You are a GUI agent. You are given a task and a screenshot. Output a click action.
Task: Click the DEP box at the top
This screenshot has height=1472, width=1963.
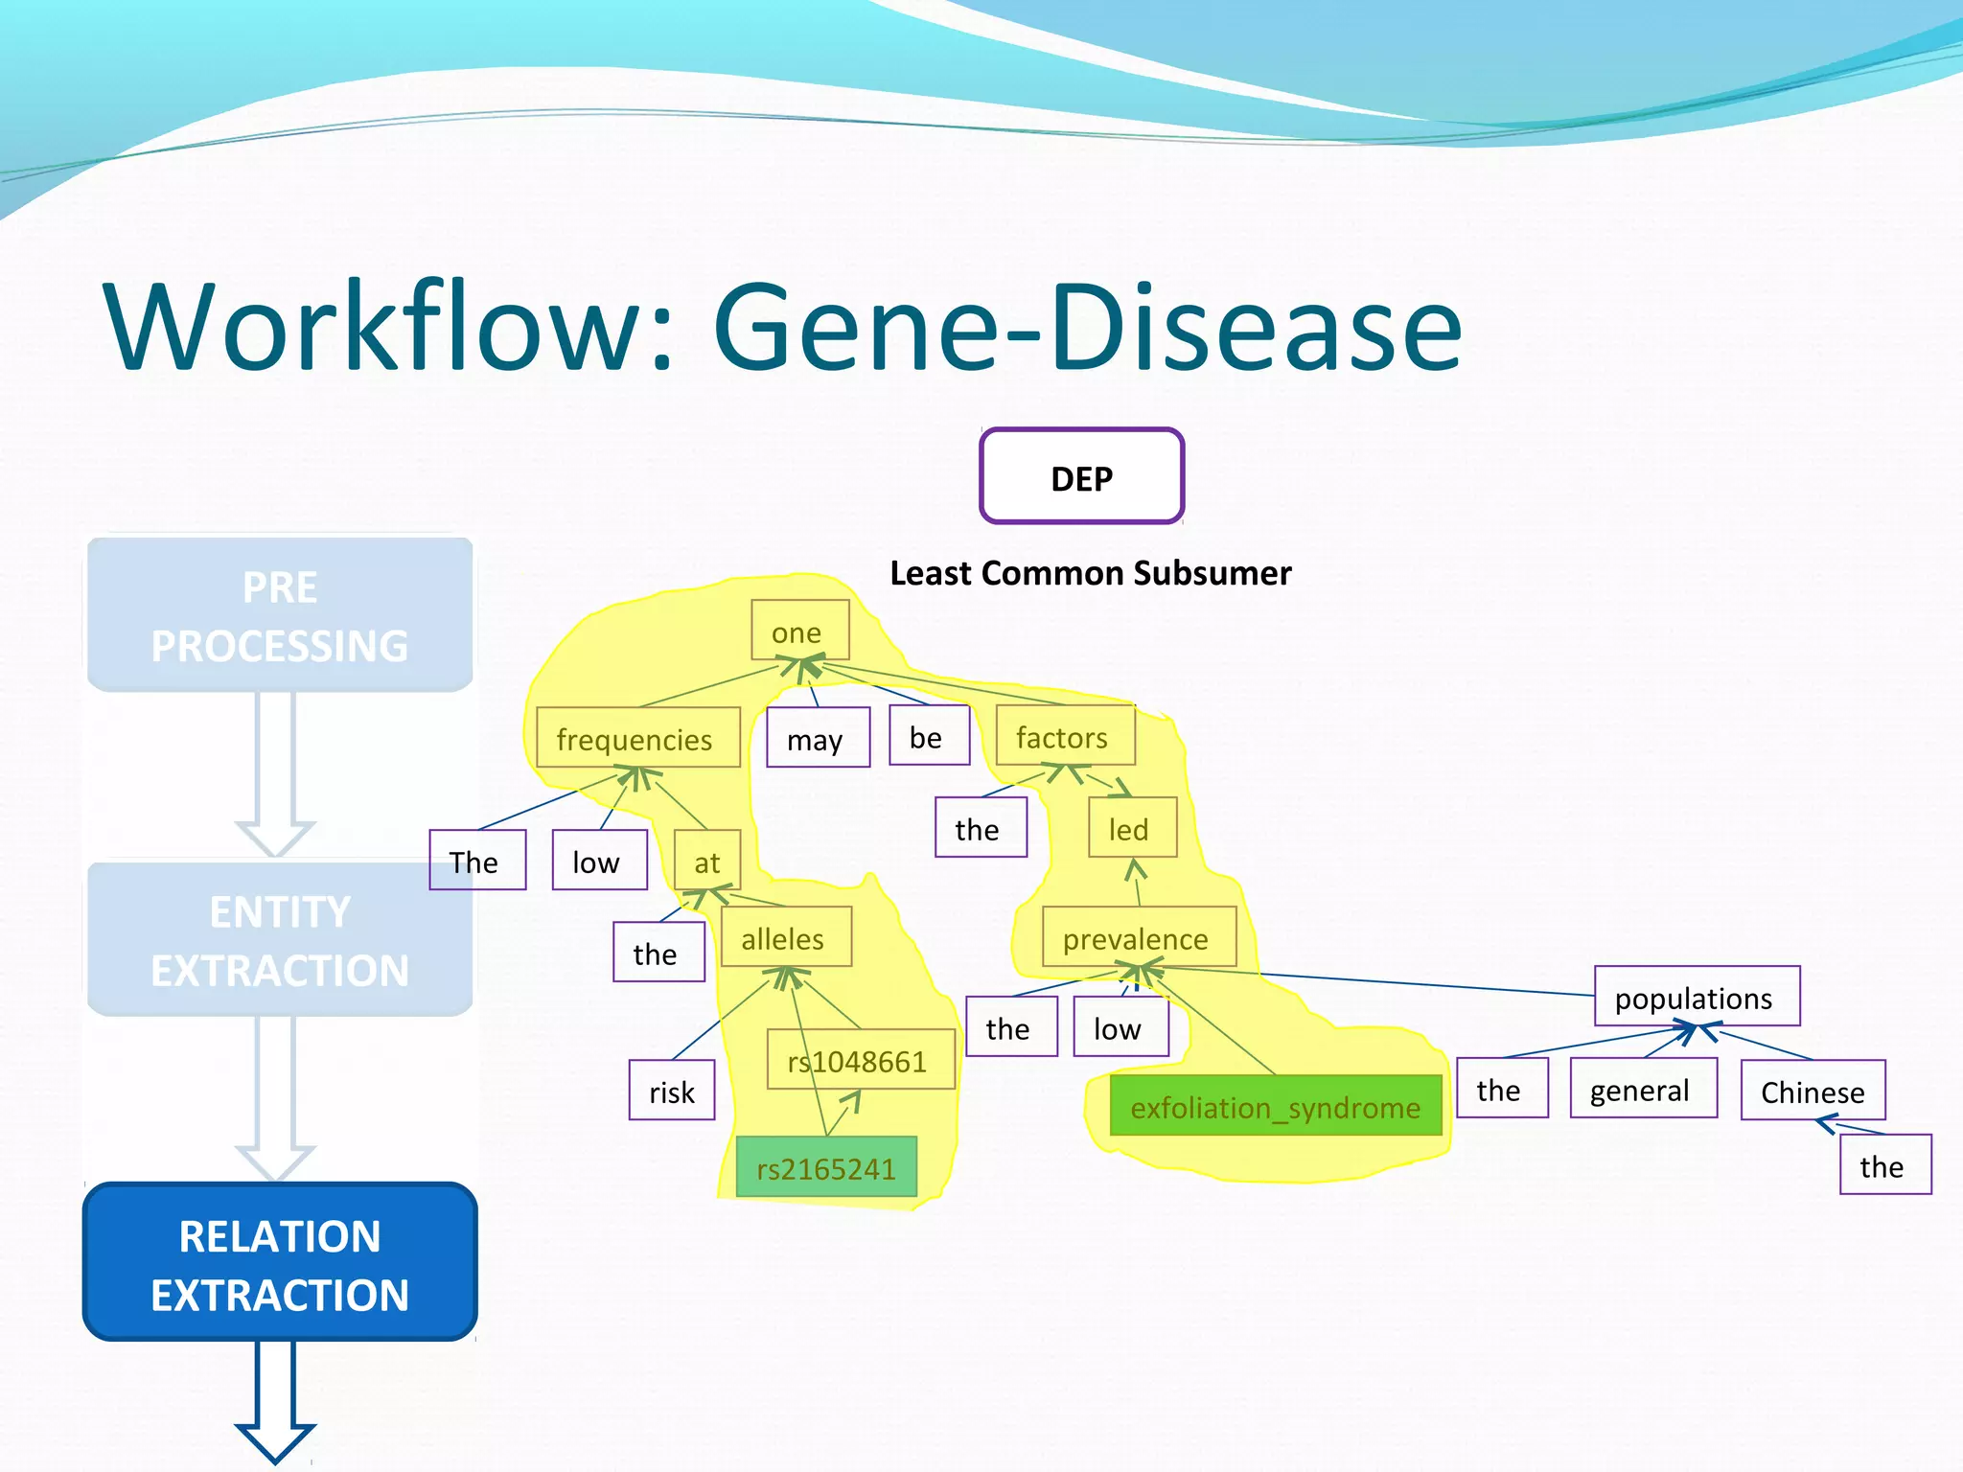pos(1081,476)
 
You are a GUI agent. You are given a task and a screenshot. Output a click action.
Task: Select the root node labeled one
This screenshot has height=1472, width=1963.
pos(799,631)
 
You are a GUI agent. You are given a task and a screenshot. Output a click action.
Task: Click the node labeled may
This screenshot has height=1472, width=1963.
pos(818,738)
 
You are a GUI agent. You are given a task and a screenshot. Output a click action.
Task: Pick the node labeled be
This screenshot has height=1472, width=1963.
pos(928,736)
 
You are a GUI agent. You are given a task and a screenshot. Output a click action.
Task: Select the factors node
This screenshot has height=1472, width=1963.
pos(1065,736)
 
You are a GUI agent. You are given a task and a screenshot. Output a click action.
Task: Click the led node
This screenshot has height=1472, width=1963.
pos(1131,827)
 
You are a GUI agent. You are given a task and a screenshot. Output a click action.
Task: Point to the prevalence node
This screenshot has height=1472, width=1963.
pos(1139,937)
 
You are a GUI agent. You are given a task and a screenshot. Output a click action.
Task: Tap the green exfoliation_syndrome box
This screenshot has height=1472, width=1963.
pos(1275,1106)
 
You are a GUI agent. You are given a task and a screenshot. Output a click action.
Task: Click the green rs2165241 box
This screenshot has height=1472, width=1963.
pos(825,1166)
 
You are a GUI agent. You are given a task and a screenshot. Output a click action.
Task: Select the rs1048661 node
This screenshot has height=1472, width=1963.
pos(860,1059)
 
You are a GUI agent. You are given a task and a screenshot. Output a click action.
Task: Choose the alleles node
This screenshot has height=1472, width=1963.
pos(785,937)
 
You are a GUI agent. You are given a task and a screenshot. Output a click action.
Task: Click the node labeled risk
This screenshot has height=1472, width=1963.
pos(671,1090)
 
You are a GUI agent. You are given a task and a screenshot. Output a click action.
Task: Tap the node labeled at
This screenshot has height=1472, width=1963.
pos(706,860)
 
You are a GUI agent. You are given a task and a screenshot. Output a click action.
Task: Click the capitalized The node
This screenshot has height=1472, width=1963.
pos(476,860)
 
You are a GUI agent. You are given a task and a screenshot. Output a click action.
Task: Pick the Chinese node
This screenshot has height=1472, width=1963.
pos(1813,1090)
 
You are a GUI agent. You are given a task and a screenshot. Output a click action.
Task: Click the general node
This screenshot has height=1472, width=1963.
pos(1642,1089)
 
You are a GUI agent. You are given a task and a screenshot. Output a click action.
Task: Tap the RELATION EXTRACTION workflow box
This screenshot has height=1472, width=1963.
pos(280,1263)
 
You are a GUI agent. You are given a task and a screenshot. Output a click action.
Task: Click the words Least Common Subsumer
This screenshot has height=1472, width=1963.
pos(1090,573)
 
